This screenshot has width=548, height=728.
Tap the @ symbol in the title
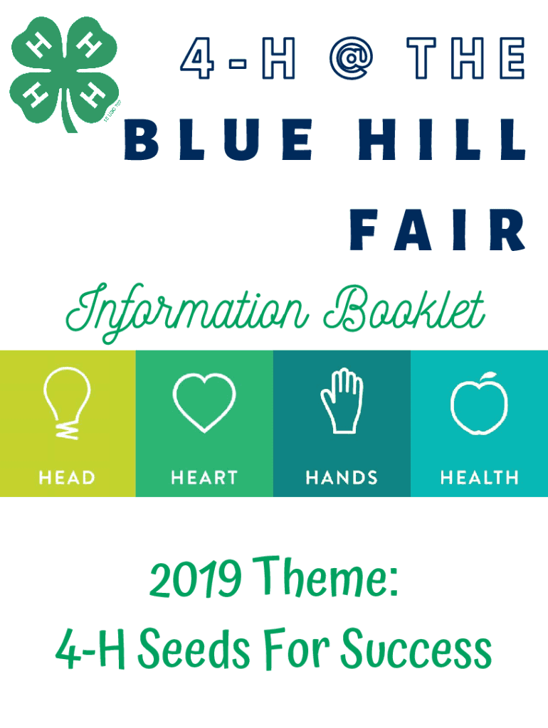point(352,58)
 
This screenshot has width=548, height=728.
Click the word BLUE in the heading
point(218,139)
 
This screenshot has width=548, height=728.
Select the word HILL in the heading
point(442,139)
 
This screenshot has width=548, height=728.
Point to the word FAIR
point(438,230)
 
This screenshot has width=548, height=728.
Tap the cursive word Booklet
point(404,309)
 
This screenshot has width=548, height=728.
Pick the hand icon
point(342,401)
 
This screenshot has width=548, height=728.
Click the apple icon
point(479,404)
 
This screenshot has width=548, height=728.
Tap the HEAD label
point(67,478)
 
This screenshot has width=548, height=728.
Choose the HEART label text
point(204,478)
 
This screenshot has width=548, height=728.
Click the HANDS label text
point(342,478)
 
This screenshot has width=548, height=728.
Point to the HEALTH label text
point(479,478)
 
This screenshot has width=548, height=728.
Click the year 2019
point(195,578)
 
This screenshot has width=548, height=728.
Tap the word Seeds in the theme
point(194,648)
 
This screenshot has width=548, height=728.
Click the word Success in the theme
point(416,648)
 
